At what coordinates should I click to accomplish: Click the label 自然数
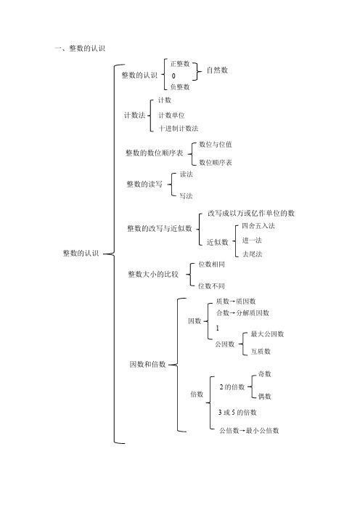pyautogui.click(x=217, y=70)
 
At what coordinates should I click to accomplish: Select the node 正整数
pyautogui.click(x=180, y=64)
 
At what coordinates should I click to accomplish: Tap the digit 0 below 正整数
pyautogui.click(x=173, y=76)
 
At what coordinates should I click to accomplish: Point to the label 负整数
pyautogui.click(x=180, y=87)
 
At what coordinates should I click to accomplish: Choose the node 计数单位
pyautogui.click(x=171, y=115)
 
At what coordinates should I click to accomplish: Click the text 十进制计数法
pyautogui.click(x=179, y=129)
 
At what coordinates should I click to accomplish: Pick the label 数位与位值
pyautogui.click(x=216, y=145)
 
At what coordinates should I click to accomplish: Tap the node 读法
pyautogui.click(x=187, y=174)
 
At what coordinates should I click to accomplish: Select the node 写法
pyautogui.click(x=187, y=196)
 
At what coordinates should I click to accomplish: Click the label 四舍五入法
pyautogui.click(x=258, y=226)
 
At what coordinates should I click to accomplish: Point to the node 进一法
pyautogui.click(x=252, y=240)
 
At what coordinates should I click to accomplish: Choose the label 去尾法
pyautogui.click(x=252, y=254)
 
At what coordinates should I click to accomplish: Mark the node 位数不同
pyautogui.click(x=211, y=286)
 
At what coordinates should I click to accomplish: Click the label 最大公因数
pyautogui.click(x=267, y=334)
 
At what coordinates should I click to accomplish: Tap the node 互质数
pyautogui.click(x=261, y=352)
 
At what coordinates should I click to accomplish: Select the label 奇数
pyautogui.click(x=264, y=374)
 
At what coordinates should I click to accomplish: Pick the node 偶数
pyautogui.click(x=264, y=396)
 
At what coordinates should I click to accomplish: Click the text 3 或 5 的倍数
pyautogui.click(x=237, y=413)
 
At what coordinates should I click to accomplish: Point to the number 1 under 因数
pyautogui.click(x=217, y=328)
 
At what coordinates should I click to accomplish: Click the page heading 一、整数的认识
pyautogui.click(x=80, y=49)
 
